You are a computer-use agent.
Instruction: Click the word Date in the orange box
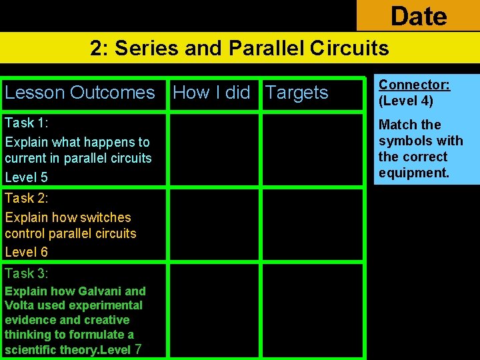coord(419,15)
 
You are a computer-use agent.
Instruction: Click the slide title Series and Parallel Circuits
coord(239,48)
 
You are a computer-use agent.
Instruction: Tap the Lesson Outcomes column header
coord(79,93)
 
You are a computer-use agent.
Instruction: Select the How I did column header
coord(211,93)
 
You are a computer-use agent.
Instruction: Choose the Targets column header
coord(297,93)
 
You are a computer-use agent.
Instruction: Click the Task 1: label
coord(27,123)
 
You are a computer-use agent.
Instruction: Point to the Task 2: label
coord(27,198)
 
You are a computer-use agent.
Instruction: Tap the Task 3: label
coord(27,273)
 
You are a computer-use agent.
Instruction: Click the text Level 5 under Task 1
coord(26,177)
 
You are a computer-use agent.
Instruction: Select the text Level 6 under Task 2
coord(26,252)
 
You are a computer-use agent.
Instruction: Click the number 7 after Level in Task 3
coord(138,349)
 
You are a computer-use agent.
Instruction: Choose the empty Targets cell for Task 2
coord(312,225)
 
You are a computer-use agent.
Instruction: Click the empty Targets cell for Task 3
coord(312,310)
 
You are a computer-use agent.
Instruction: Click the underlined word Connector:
coord(414,85)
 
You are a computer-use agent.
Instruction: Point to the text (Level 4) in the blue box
coord(405,101)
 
